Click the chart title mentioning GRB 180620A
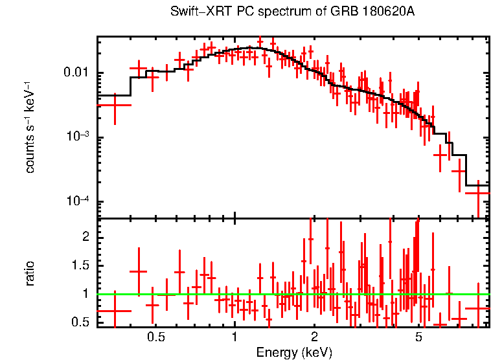[292, 12]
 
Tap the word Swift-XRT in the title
[194, 12]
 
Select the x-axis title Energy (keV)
[294, 352]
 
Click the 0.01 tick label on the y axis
[79, 73]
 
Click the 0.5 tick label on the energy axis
[155, 337]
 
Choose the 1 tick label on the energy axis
[234, 337]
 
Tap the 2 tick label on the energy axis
[314, 337]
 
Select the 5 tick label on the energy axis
[418, 337]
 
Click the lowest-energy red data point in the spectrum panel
[115, 105]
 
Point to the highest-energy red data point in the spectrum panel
[478, 193]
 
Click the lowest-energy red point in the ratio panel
[115, 311]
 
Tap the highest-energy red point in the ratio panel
[478, 308]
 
